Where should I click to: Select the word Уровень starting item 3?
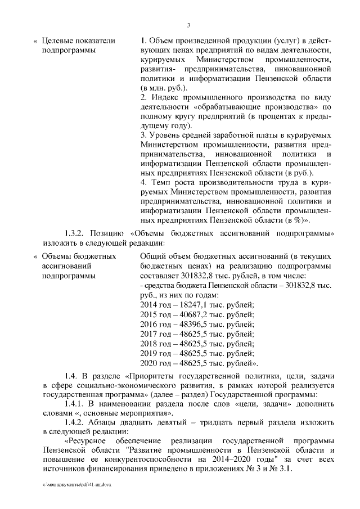(x=162, y=136)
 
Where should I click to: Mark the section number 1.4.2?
(x=73, y=424)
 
